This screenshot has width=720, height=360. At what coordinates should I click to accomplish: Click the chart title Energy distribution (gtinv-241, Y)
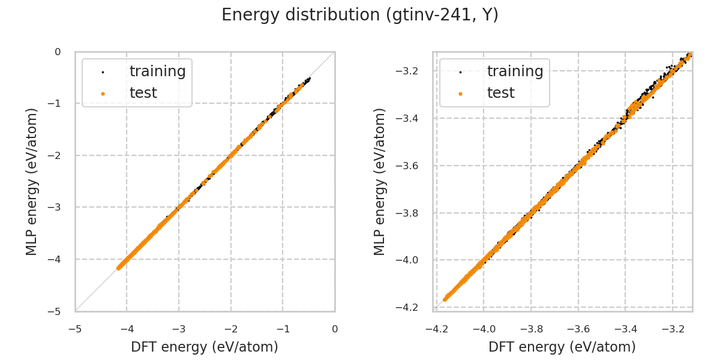pyautogui.click(x=360, y=15)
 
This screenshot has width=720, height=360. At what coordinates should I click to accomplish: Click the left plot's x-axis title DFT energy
pyautogui.click(x=204, y=347)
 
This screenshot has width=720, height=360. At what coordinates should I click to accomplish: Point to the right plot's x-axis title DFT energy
pyautogui.click(x=562, y=347)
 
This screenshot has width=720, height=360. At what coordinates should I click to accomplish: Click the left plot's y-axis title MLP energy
pyautogui.click(x=32, y=181)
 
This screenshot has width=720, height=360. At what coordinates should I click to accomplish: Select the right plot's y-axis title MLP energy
pyautogui.click(x=380, y=181)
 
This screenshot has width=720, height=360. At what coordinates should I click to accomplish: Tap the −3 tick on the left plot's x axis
pyautogui.click(x=179, y=329)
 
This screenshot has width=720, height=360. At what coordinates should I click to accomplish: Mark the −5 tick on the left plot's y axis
pyautogui.click(x=58, y=311)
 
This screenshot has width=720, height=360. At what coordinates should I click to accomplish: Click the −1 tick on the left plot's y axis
pyautogui.click(x=58, y=104)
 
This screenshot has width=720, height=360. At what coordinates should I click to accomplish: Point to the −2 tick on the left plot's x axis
pyautogui.click(x=231, y=329)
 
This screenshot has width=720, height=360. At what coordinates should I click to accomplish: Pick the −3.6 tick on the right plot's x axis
pyautogui.click(x=578, y=329)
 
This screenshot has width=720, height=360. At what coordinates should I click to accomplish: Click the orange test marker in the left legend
pyautogui.click(x=103, y=94)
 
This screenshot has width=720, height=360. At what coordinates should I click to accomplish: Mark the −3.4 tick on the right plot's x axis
pyautogui.click(x=625, y=329)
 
